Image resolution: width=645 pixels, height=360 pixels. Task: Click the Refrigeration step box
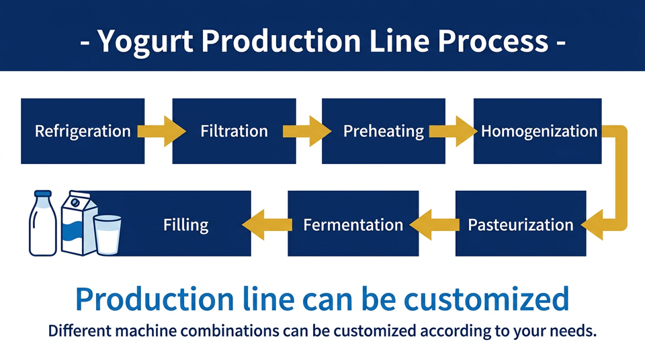(83, 131)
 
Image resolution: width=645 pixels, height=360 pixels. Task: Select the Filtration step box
(234, 131)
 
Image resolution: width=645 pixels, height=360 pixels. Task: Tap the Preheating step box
(384, 131)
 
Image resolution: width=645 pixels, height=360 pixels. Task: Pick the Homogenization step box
(537, 131)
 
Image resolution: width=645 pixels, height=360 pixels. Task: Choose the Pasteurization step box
(521, 224)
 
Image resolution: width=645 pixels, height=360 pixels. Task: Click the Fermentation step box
(353, 224)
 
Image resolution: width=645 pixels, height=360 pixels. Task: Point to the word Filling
(186, 225)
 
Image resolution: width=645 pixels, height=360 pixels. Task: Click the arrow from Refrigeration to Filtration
(162, 131)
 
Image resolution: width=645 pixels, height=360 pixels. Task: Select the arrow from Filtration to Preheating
(307, 131)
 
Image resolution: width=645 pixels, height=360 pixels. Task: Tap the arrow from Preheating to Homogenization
(453, 131)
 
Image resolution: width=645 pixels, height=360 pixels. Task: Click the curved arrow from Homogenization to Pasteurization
(621, 177)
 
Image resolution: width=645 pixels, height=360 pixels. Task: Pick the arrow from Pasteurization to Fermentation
(435, 224)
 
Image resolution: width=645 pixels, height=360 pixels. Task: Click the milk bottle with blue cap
(43, 224)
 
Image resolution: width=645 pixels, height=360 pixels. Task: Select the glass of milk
(107, 234)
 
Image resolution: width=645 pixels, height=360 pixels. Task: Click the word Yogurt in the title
(145, 42)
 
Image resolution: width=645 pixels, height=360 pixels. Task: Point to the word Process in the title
(492, 41)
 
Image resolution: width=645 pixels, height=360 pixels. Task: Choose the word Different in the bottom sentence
(75, 331)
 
